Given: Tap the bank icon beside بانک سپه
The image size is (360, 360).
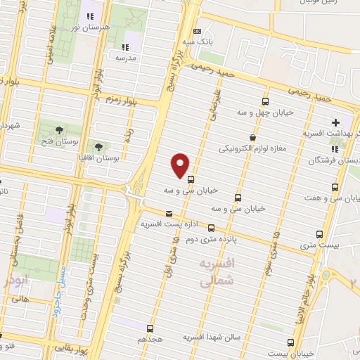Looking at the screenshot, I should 197,32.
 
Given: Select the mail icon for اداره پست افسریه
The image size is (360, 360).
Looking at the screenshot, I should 168,214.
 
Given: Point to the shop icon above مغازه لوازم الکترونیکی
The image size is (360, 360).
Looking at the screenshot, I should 252,138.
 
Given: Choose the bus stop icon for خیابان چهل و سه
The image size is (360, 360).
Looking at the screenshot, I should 265,101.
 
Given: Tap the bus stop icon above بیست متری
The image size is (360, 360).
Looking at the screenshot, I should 320,235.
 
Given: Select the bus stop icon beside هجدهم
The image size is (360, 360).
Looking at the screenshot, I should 150,328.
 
